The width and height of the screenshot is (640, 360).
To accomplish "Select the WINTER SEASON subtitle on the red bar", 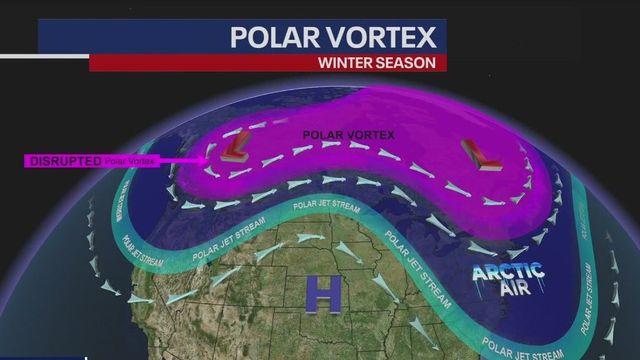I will pyautogui.click(x=377, y=63).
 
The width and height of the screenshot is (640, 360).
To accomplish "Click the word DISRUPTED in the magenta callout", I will pyautogui.click(x=66, y=161).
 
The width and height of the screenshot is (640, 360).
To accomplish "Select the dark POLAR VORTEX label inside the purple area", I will pyautogui.click(x=348, y=135).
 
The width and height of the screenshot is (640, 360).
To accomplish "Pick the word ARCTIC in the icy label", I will pyautogui.click(x=508, y=272).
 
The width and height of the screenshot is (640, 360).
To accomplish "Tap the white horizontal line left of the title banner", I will pyautogui.click(x=44, y=56).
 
